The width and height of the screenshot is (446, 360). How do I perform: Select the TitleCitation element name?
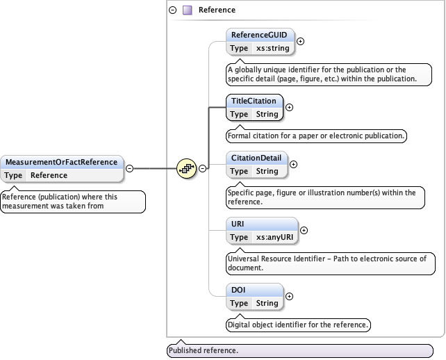click(x=254, y=101)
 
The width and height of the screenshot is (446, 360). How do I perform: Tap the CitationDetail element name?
click(x=256, y=158)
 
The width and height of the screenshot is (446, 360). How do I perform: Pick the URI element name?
click(x=238, y=224)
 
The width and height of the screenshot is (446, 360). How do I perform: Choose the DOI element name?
click(x=239, y=290)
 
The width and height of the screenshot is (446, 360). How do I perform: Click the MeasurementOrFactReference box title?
click(x=60, y=162)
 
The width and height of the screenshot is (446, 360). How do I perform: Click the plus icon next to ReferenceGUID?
click(x=300, y=42)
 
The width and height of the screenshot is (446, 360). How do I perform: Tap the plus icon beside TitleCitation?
click(x=289, y=108)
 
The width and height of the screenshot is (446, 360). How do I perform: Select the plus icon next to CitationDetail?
click(x=292, y=165)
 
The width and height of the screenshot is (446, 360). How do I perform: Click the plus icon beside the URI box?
click(x=303, y=231)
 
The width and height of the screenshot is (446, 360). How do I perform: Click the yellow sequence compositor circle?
click(x=187, y=168)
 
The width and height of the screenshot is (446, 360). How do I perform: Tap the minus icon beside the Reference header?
click(x=172, y=10)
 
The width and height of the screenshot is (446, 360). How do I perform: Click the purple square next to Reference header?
click(x=187, y=10)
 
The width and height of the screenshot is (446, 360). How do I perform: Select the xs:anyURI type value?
click(x=274, y=237)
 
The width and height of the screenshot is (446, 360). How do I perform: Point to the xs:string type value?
click(x=273, y=48)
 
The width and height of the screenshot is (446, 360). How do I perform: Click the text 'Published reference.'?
click(x=204, y=351)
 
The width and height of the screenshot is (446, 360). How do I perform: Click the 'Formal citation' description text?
click(x=316, y=136)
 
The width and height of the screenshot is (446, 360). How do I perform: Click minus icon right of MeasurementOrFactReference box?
click(x=129, y=168)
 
